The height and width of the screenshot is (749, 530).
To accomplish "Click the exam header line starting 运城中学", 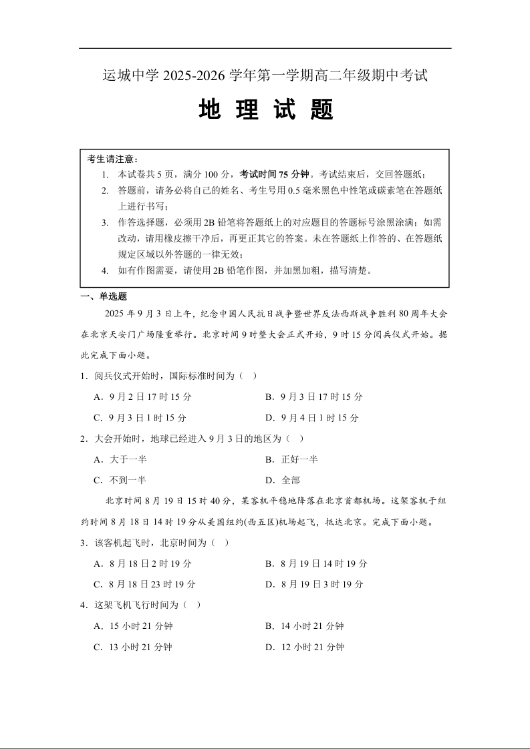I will (x=265, y=76).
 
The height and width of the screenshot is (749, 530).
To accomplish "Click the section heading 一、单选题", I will (x=104, y=297).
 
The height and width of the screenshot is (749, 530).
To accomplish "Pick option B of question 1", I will (x=314, y=397).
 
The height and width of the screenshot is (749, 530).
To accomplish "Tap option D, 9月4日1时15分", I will (x=312, y=418).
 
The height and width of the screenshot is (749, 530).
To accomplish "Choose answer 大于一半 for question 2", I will (x=120, y=459).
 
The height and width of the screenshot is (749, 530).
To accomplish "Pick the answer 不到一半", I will (x=120, y=480).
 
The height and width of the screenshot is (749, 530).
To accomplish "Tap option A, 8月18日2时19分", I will (x=142, y=563).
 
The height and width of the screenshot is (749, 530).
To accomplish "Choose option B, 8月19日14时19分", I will (x=316, y=563).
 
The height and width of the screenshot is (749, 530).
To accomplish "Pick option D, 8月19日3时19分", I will (x=314, y=584).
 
